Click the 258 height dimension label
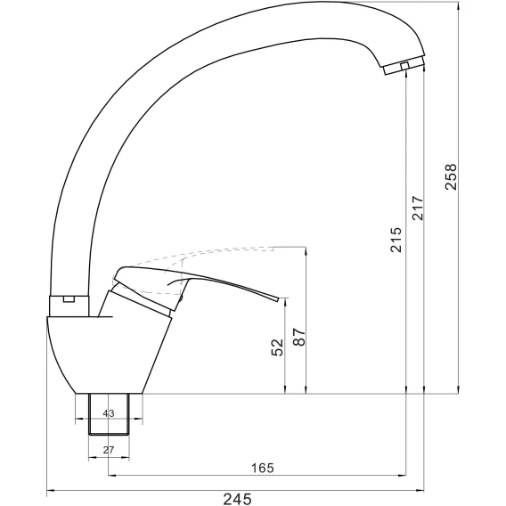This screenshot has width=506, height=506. tap(451, 177)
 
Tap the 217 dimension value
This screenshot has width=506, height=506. tap(418, 208)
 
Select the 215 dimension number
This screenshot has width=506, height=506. tap(396, 240)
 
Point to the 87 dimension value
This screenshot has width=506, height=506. tap(299, 337)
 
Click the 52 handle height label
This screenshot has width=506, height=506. tap(277, 347)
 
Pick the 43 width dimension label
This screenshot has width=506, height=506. tap(109, 413)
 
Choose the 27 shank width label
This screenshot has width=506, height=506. tap(109, 450)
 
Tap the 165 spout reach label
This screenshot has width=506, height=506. tap(263, 468)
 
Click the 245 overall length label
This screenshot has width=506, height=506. tap(238, 499)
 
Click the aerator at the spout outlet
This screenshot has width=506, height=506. tap(404, 66)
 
